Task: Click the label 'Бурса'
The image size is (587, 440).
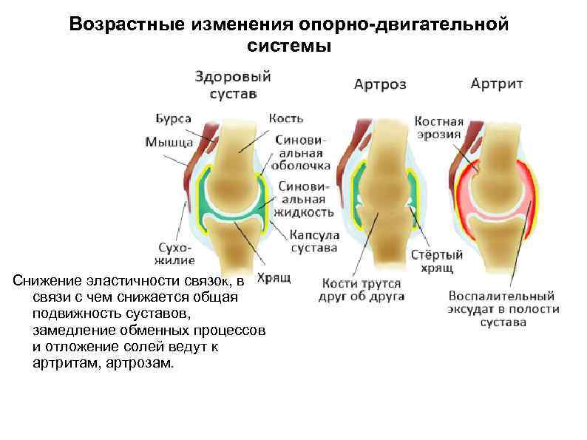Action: pos(174,118)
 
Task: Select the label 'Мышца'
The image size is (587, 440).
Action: pos(169,141)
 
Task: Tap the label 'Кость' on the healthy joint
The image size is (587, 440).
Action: pos(286,118)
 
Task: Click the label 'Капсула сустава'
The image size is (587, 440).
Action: pos(313,240)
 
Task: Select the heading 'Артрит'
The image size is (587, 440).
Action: pos(497,83)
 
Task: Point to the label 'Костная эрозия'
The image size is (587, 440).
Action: pos(438,128)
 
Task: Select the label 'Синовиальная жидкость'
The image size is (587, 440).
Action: pos(304,199)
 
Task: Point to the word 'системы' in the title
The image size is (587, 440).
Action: pos(288,46)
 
